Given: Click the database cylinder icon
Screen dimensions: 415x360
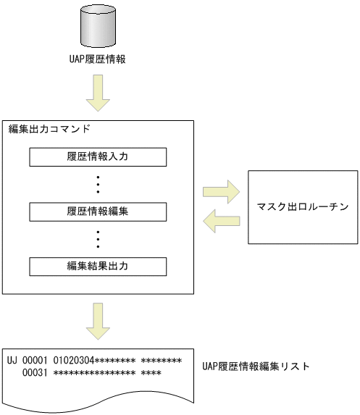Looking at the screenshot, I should pos(97,25).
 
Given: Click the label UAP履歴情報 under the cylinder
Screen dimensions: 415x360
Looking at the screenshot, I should pos(97,59).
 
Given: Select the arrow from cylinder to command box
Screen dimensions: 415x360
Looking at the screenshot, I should pos(97,94).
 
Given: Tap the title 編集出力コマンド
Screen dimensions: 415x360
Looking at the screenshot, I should pos(49,129).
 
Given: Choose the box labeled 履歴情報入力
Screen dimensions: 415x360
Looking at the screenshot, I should pos(98,156).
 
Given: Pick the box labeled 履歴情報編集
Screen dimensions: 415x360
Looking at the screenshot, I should pos(98,211).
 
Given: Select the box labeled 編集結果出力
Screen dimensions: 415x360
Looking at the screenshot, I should pos(98,267).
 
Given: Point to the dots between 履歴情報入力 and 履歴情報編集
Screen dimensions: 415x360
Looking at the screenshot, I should pos(98,184).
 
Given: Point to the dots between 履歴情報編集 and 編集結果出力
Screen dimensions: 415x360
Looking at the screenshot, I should pos(98,239).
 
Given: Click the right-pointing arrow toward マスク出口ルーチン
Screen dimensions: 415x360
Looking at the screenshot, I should pos(221,193).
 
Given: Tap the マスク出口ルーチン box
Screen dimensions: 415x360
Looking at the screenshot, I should pos(303,206).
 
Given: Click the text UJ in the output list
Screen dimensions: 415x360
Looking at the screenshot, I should pos(12,360).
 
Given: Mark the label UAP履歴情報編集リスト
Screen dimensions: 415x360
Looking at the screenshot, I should pos(256,366).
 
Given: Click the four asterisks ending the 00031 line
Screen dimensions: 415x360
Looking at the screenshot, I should pos(151,373).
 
